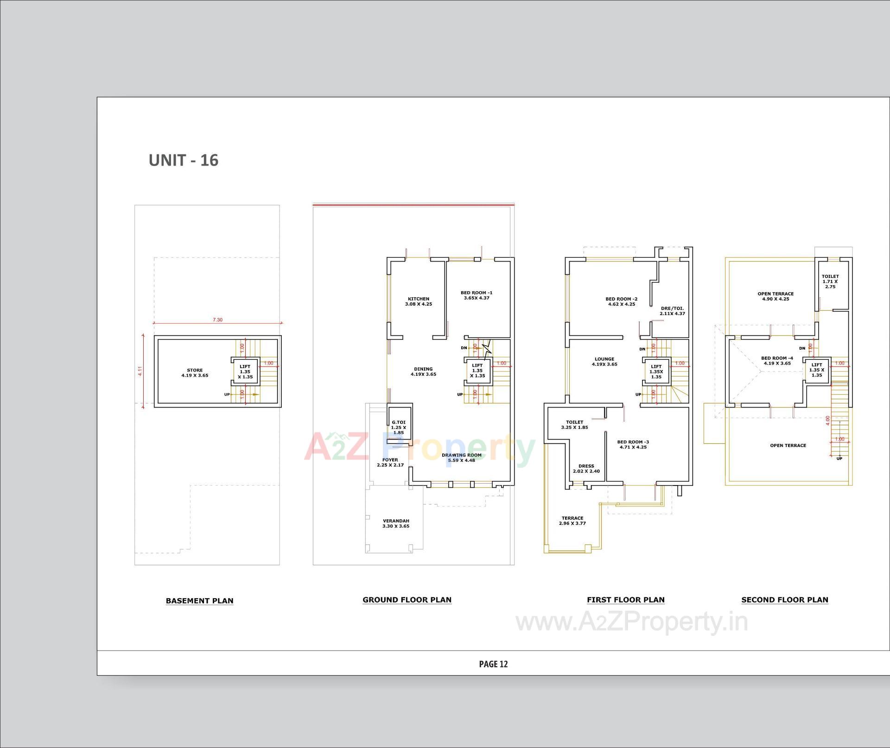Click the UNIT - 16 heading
point(183,160)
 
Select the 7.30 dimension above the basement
point(217,320)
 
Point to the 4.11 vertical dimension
point(140,371)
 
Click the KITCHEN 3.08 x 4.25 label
point(418,301)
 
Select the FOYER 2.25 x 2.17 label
point(390,462)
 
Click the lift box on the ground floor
point(477,371)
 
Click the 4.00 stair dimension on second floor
point(827,420)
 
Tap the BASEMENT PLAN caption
point(199,601)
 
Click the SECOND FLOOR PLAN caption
point(784,600)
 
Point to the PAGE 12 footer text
point(493,664)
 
